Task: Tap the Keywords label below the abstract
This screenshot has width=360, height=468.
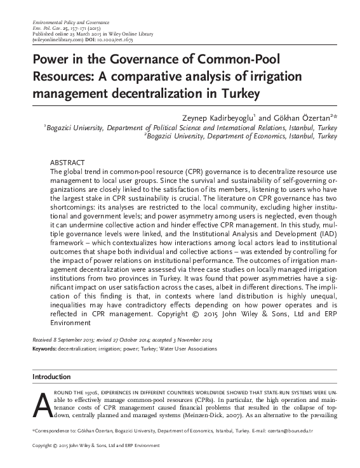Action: pos(47,349)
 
